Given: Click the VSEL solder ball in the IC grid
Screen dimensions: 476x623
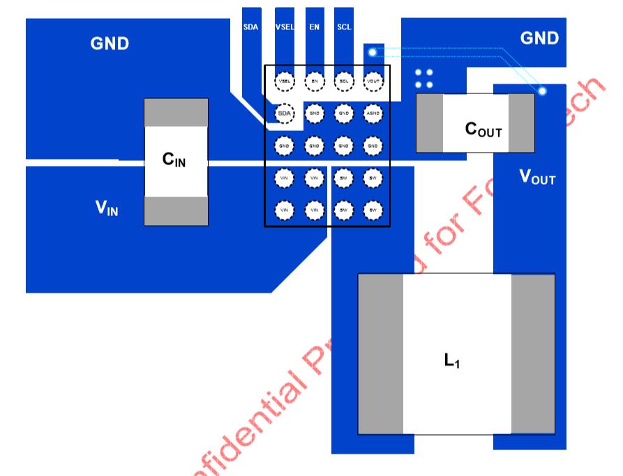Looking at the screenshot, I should pyautogui.click(x=285, y=82).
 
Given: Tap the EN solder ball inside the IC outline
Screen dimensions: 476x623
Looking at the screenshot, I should pyautogui.click(x=315, y=82).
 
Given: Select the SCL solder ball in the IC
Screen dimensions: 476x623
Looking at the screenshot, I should pyautogui.click(x=344, y=82).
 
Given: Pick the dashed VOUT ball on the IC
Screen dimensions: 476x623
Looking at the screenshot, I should pyautogui.click(x=373, y=82).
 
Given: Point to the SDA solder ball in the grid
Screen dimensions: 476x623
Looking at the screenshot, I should pyautogui.click(x=285, y=113).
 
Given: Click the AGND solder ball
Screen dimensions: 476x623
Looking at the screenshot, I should pyautogui.click(x=373, y=113).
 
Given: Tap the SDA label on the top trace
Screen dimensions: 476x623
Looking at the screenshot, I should pyautogui.click(x=250, y=27).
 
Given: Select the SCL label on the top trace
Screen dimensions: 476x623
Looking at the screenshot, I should pyautogui.click(x=344, y=27).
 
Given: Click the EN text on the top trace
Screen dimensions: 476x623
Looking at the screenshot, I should pyautogui.click(x=315, y=27).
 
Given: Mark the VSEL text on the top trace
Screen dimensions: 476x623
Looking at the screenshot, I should pyautogui.click(x=285, y=27).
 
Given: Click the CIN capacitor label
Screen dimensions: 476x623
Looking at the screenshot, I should pyautogui.click(x=174, y=160).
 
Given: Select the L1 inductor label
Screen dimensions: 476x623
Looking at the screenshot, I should pyautogui.click(x=452, y=361).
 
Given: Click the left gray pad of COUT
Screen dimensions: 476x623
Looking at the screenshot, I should pyautogui.click(x=429, y=123).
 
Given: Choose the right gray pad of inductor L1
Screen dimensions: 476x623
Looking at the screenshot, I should pyautogui.click(x=533, y=354).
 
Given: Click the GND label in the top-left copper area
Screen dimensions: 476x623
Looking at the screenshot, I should pyautogui.click(x=110, y=44).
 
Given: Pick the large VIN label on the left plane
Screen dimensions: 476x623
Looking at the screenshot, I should pyautogui.click(x=107, y=208).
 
